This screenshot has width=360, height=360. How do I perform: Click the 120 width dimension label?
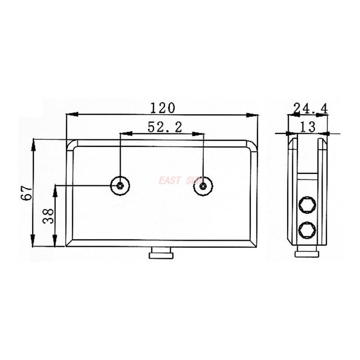[162, 108]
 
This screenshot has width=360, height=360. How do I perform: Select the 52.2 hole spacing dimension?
[164, 127]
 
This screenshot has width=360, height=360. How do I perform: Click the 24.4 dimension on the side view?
[310, 108]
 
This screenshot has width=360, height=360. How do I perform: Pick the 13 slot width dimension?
[308, 127]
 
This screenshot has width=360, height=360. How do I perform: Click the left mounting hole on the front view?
[120, 185]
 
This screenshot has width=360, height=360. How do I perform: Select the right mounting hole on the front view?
[203, 185]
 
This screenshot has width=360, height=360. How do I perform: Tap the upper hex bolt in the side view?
[307, 205]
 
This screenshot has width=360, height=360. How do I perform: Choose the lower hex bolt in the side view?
[307, 230]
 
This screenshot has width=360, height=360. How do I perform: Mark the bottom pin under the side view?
[307, 254]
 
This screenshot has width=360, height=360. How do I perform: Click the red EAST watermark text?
[169, 181]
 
